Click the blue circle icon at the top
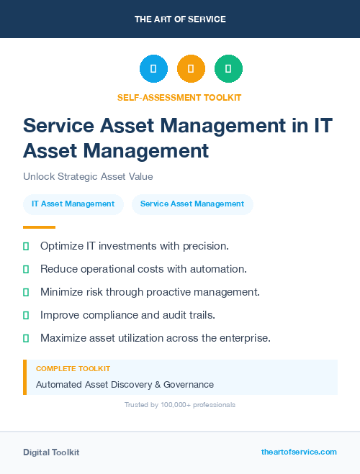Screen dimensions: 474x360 (153, 69)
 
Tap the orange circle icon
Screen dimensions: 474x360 (191, 69)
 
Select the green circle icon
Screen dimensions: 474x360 (228, 69)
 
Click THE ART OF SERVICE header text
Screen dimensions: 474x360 (180, 19)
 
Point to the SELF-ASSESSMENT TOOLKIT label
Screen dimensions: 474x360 (179, 97)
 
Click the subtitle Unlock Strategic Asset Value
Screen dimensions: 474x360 (88, 176)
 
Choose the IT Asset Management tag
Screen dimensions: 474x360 (73, 204)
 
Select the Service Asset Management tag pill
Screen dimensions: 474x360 (192, 204)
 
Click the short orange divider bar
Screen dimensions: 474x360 (29, 227)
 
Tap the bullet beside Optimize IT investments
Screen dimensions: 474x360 (26, 247)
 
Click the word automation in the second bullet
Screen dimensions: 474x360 (221, 269)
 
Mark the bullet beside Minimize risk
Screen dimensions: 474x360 (26, 292)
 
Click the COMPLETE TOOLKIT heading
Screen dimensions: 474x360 (73, 368)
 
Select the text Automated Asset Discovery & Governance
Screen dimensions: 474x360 (125, 384)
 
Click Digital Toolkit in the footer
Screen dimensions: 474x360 (51, 452)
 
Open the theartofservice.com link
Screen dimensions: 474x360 (299, 452)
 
